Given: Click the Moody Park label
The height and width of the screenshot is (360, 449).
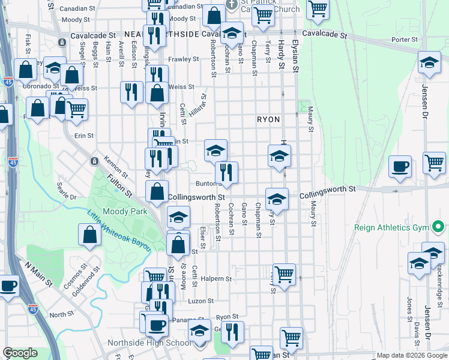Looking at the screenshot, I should point(121,212).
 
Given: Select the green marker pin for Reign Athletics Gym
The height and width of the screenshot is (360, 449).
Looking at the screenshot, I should point(438,227).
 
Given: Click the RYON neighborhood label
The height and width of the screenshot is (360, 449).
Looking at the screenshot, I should point(268,119).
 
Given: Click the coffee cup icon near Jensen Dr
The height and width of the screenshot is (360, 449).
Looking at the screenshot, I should point(400,167).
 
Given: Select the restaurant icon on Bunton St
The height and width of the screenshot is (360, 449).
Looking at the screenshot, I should point(227,173).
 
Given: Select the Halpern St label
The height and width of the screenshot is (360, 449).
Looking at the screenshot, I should point(216,278).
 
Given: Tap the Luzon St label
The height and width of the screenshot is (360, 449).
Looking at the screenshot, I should point(201,301).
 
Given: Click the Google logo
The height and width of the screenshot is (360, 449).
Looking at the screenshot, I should point(20,353).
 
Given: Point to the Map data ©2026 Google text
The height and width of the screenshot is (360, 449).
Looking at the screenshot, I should point(411,355).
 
